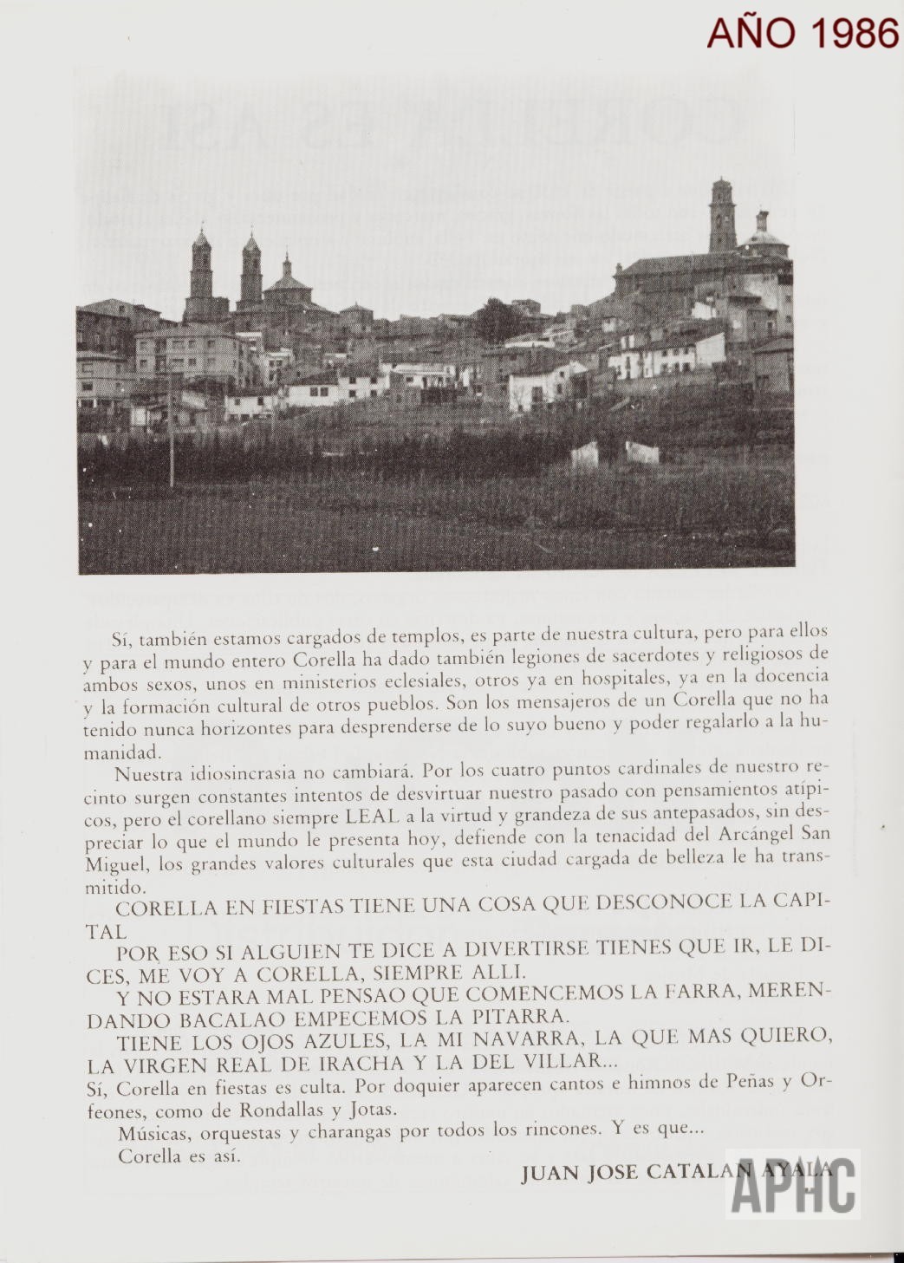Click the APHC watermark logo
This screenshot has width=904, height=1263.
click(793, 1185)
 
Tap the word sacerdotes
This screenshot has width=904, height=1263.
click(596, 654)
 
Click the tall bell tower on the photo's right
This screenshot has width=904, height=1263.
click(720, 218)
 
